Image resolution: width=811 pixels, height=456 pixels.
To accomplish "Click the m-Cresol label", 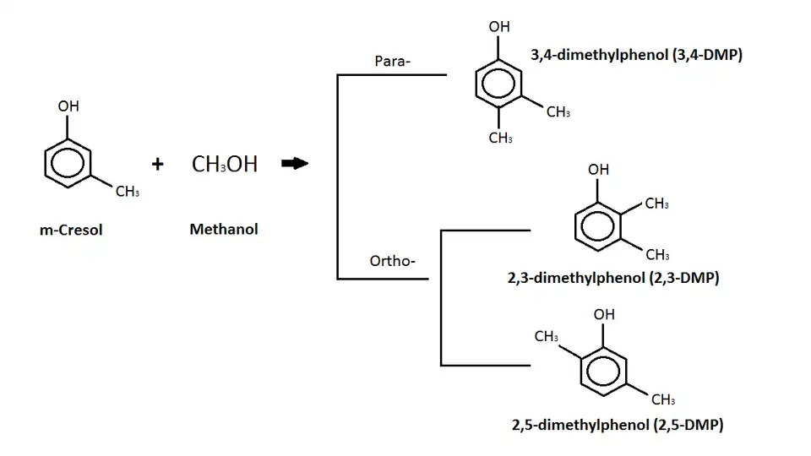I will (71, 230).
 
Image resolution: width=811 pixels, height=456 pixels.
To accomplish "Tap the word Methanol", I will (224, 229).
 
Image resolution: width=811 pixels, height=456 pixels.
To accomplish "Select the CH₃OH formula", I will (225, 164).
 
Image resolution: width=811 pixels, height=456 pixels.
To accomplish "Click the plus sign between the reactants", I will (158, 164).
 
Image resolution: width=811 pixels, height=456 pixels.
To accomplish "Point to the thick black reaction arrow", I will (294, 164).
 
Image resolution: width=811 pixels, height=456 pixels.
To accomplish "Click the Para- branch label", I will (392, 61).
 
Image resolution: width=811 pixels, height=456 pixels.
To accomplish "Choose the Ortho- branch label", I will (393, 260).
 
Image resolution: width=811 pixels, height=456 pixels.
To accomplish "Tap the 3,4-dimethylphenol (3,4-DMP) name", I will (637, 56).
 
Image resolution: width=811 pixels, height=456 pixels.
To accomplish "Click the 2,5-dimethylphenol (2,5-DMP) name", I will (618, 425).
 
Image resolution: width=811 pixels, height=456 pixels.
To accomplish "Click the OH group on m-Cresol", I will (68, 107).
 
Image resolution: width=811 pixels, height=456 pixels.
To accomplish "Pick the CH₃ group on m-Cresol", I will (128, 192).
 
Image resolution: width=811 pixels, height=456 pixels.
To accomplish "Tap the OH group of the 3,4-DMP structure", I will (499, 26).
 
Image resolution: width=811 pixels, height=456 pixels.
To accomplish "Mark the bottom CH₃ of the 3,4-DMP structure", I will (500, 138).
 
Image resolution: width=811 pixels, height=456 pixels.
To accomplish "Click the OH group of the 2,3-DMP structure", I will (598, 170).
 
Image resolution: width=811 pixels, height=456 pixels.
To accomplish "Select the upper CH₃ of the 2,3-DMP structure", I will (656, 204).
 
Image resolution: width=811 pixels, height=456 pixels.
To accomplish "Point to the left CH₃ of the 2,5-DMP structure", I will (546, 337).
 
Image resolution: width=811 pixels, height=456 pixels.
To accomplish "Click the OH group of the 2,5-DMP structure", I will (604, 314).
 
